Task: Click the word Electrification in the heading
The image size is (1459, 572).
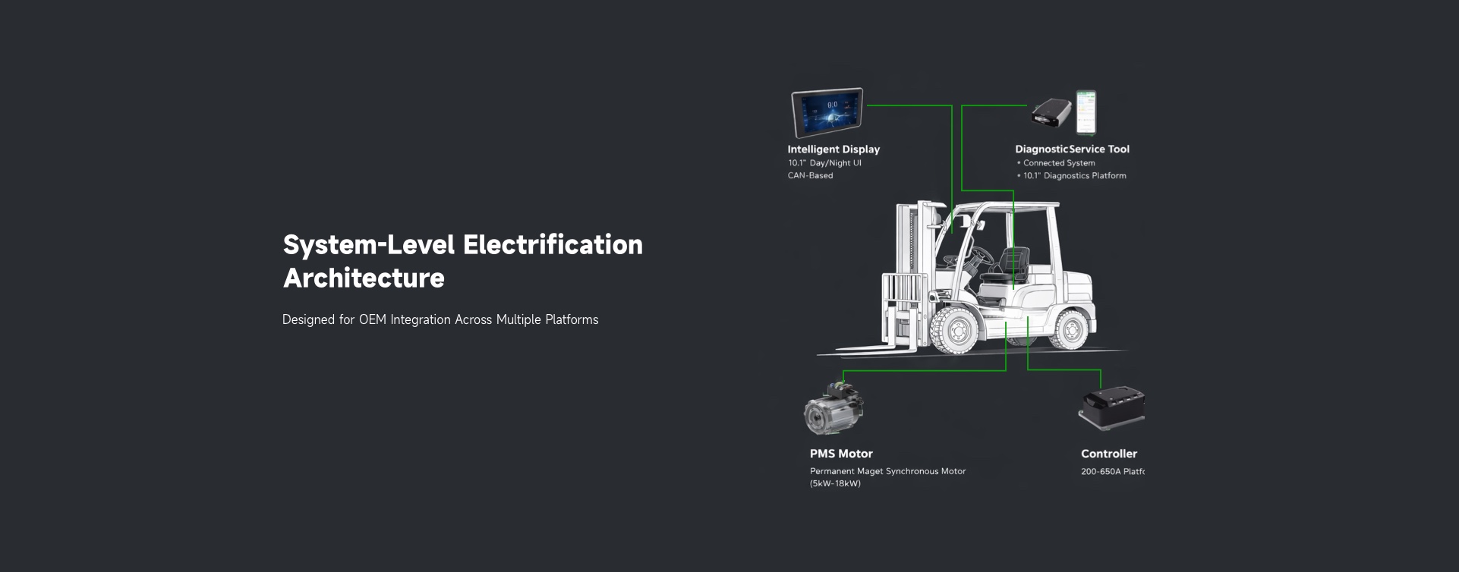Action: click(553, 245)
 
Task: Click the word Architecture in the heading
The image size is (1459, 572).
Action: click(364, 278)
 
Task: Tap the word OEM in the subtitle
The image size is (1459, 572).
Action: click(372, 320)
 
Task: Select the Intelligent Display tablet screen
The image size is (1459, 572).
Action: click(827, 112)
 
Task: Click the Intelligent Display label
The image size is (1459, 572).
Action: click(833, 149)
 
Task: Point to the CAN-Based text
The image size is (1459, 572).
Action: click(810, 176)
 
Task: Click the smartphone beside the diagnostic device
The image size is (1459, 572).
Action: click(1086, 112)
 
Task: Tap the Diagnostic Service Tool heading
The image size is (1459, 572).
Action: click(1072, 149)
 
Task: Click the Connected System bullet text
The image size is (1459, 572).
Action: click(1058, 163)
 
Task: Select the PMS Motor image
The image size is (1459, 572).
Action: click(833, 407)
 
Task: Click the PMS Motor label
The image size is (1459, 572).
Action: click(841, 454)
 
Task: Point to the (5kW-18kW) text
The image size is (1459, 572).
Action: click(835, 484)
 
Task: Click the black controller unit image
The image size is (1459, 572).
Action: click(1111, 407)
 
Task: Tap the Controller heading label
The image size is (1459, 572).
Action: click(1108, 454)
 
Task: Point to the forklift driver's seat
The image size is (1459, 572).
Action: click(1010, 270)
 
